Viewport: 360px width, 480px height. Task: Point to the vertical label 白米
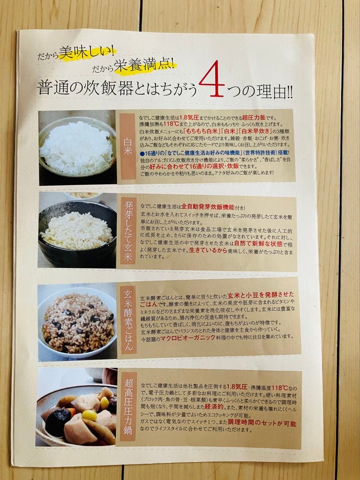pyautogui.click(x=127, y=146)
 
